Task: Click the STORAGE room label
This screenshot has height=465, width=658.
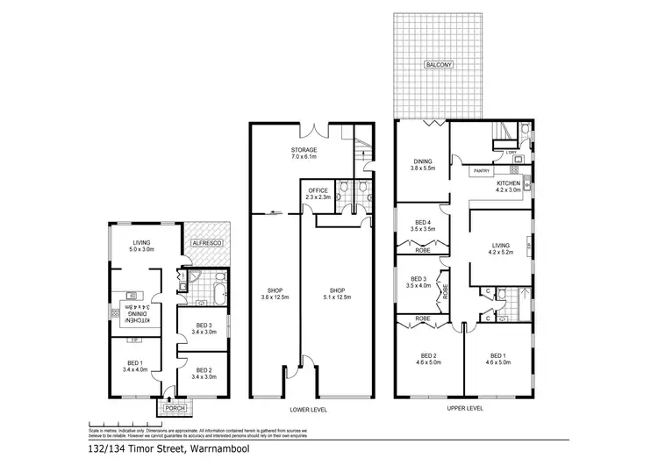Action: point(304,154)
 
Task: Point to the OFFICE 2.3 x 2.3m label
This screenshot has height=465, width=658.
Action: point(317,193)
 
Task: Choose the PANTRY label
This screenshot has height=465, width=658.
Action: point(481,170)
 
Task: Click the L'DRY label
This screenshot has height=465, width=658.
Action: point(510,153)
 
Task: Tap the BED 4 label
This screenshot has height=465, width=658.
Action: point(422,224)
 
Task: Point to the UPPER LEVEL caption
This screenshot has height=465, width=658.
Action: point(464,409)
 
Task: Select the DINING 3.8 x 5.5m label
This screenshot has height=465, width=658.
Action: point(422,164)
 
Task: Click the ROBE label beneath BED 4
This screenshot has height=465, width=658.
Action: point(422,250)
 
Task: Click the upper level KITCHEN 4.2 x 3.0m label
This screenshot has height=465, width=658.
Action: point(508,185)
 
